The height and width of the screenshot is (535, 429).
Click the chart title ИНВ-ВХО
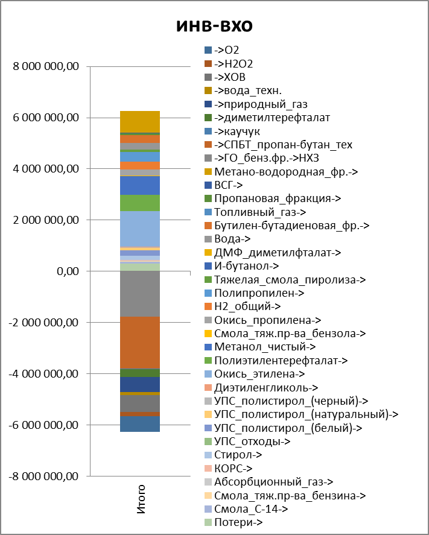[214, 26]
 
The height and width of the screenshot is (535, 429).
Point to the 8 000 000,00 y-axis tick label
[47, 66]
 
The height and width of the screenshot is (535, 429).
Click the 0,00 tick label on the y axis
[64, 271]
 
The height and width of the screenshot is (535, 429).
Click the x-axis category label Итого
[141, 498]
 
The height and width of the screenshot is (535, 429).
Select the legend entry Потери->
[238, 523]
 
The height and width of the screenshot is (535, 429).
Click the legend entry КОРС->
[233, 469]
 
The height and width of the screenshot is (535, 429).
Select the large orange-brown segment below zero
[140, 342]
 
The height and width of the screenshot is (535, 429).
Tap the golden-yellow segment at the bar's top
[140, 121]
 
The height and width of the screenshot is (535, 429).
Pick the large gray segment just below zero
[140, 294]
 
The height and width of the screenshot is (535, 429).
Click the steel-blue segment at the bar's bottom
[140, 424]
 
